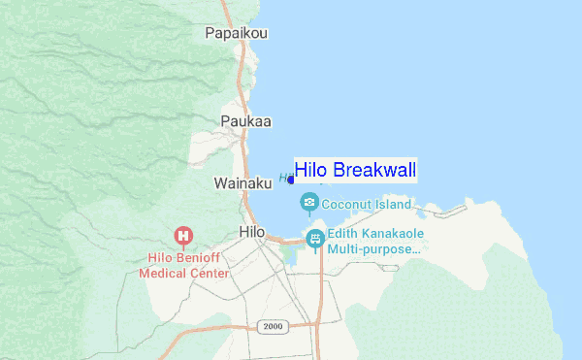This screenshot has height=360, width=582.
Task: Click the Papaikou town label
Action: pos(236,33)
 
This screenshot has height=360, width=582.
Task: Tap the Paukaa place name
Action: pos(245,121)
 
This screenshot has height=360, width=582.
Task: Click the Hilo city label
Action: pos(251,231)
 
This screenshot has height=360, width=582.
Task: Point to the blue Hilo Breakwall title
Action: pos(355,171)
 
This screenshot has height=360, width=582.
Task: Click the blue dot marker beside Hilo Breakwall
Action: pos(291,180)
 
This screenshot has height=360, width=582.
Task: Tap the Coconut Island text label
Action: pos(367,205)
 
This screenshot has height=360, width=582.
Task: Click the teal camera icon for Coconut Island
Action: pos(309,202)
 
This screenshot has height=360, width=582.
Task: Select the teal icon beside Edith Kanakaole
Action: pos(314,238)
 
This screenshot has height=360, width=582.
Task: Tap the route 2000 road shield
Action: pos(273,326)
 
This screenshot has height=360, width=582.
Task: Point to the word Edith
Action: pos(342,233)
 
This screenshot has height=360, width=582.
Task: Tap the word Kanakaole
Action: pos(394,233)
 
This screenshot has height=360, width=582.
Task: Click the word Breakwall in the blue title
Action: pos(374,171)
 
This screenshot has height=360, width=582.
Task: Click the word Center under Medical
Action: pos(212,274)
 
